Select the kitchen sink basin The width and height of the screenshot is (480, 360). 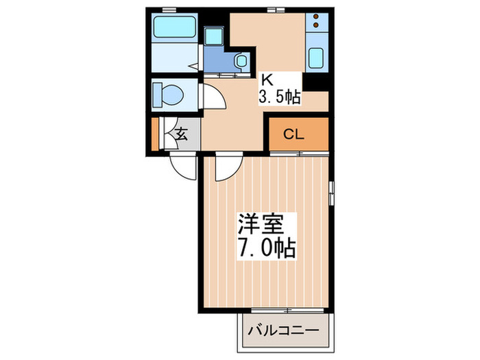click(x=317, y=59)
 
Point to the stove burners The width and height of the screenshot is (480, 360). click(x=317, y=21)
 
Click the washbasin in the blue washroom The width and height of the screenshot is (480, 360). click(x=241, y=61)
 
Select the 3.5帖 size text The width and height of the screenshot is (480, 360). click(x=279, y=97)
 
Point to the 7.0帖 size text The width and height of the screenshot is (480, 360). click(x=266, y=246)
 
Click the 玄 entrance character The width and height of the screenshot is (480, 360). click(x=181, y=134)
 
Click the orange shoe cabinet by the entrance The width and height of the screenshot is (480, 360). click(x=156, y=134)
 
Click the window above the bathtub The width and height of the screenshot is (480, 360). click(x=167, y=9)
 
